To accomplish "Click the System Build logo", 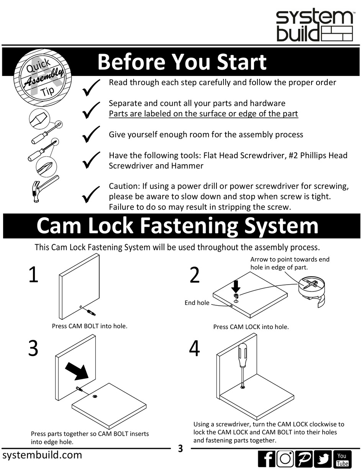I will [x=314, y=26].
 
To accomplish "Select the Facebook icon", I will [x=266, y=459].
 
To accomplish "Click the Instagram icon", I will [x=285, y=459].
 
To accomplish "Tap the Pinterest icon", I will [x=303, y=459].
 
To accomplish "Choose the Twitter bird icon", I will [x=323, y=459].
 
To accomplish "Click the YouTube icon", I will [x=342, y=459].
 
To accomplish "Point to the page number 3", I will [x=180, y=449].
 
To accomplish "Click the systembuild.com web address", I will [x=42, y=455].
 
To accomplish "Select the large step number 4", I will [x=195, y=349].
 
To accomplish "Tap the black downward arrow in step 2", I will [x=236, y=286].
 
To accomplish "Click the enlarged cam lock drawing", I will [x=311, y=290].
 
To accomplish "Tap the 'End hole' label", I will [x=197, y=303].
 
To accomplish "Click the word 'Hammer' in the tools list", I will [x=189, y=166].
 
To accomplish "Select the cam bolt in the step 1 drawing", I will [x=91, y=311].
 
